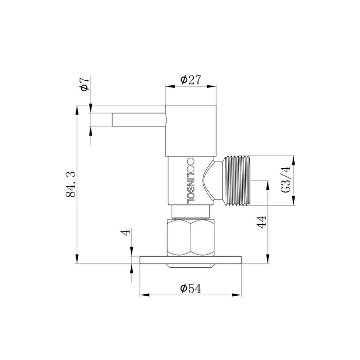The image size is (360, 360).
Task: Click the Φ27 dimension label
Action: click(x=191, y=80)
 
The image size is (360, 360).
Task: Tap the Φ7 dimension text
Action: click(x=85, y=84)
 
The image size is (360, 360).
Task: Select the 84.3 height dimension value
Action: click(x=71, y=184)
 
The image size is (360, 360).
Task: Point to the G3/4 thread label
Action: click(x=285, y=180)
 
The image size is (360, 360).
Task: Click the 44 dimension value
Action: click(x=262, y=222)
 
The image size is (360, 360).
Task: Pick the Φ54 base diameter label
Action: click(x=191, y=289)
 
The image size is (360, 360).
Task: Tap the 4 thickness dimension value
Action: click(x=125, y=231)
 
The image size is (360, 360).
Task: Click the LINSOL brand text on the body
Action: click(x=191, y=181)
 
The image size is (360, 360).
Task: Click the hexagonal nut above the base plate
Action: click(x=191, y=238)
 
